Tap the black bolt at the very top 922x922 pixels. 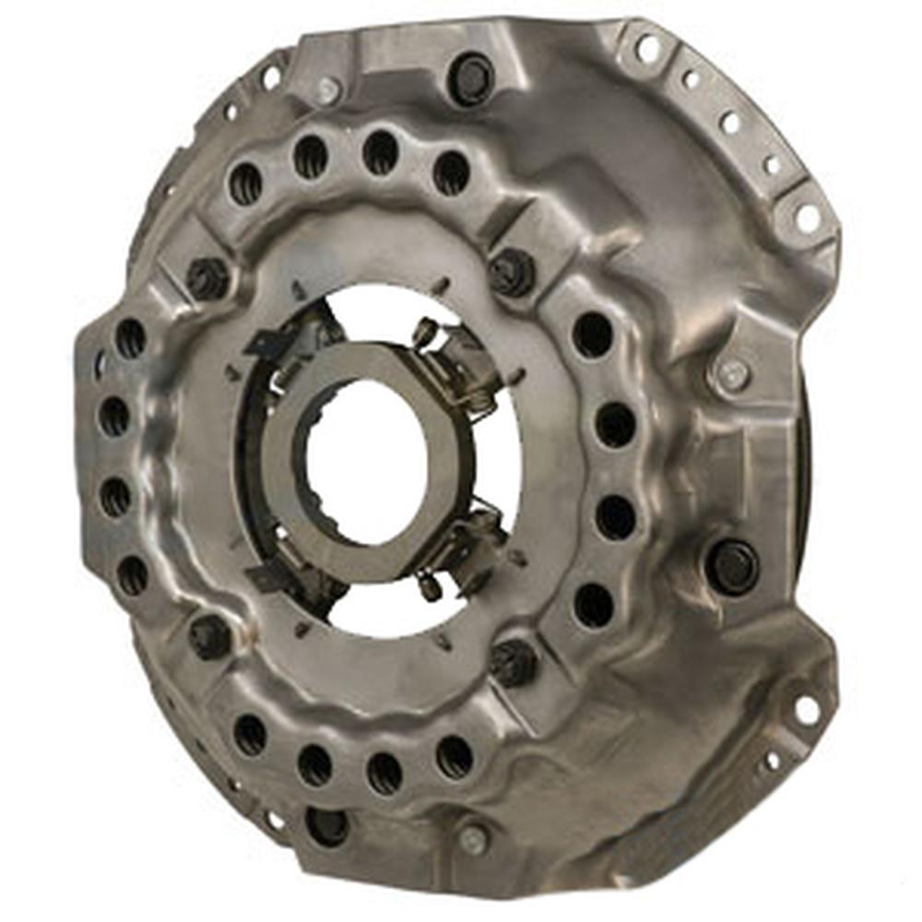(x=470, y=77)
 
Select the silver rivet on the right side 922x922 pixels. (x=731, y=375)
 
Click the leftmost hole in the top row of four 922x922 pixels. (x=245, y=183)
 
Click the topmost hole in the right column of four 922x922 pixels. (x=592, y=335)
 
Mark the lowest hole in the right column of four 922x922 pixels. (x=592, y=604)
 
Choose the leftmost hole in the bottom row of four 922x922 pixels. (x=250, y=734)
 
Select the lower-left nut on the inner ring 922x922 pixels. (x=209, y=635)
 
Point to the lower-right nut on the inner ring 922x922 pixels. (x=513, y=660)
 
